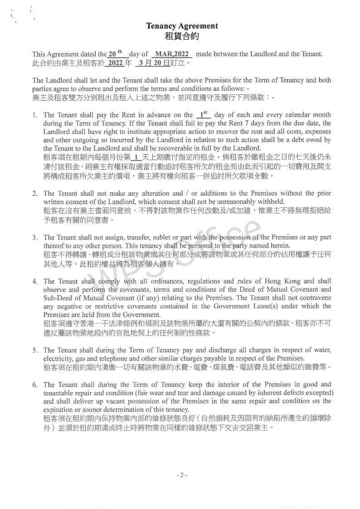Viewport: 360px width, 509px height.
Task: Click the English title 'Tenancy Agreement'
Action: [x=182, y=26]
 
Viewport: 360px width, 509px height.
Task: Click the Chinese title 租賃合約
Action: [x=182, y=36]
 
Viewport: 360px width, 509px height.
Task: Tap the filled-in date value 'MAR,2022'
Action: [x=173, y=54]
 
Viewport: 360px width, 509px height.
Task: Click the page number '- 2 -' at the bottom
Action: [x=181, y=475]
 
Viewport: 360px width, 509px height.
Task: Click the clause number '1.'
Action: [x=35, y=115]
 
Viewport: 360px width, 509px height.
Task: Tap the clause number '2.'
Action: [x=35, y=194]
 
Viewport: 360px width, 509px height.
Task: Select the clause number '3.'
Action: [x=35, y=238]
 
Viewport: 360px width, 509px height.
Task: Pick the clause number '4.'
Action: [x=35, y=282]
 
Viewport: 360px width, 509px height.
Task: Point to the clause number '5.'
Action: [x=35, y=351]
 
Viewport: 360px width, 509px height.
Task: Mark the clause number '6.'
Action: [x=35, y=385]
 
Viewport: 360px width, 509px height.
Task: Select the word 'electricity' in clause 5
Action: [x=58, y=359]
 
